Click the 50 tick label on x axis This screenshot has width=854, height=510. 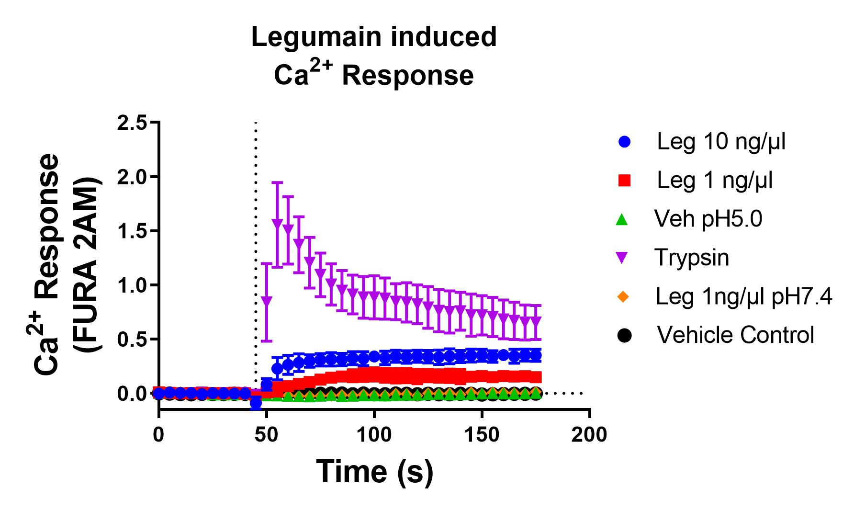coord(266,435)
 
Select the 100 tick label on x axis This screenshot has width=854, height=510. coord(374,435)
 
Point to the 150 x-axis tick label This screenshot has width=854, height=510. coord(482,435)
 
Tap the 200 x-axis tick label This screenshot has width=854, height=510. coord(590,435)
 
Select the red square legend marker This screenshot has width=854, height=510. coord(624,181)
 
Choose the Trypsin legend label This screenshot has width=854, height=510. coord(692,258)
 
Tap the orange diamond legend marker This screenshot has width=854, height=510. coord(622,297)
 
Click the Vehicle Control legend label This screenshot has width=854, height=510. coord(735,335)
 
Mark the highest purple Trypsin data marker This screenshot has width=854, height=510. coord(277,223)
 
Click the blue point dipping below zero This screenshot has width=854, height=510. coord(256,403)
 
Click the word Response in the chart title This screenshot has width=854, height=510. coord(407,76)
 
